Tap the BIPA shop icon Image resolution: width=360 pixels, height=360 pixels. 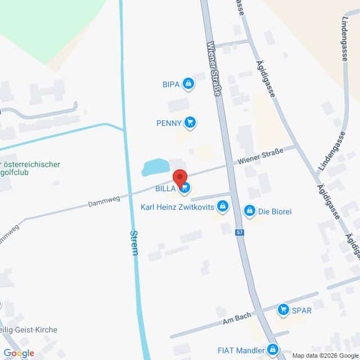[x=188, y=84]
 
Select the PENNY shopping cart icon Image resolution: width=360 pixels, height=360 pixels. [x=191, y=122]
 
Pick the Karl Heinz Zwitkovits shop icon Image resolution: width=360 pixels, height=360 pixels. [x=223, y=206]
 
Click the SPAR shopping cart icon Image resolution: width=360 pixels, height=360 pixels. [x=283, y=309]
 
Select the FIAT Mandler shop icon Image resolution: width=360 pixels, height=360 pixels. [x=273, y=350]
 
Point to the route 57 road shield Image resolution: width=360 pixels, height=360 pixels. [x=240, y=233]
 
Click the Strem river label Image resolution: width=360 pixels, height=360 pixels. [x=134, y=242]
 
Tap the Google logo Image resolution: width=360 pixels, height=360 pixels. [x=18, y=353]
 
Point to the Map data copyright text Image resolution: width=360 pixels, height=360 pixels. [x=325, y=355]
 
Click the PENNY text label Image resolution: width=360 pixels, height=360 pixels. [x=169, y=123]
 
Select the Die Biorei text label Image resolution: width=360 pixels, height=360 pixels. [x=274, y=211]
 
